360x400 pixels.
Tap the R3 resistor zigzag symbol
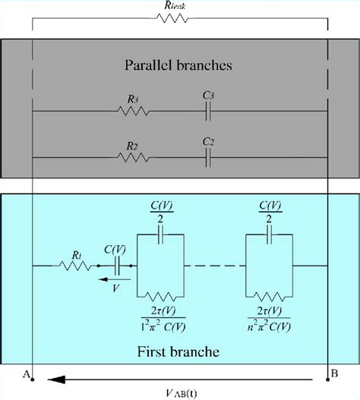pyautogui.click(x=134, y=111)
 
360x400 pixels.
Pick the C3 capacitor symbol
pyautogui.click(x=207, y=111)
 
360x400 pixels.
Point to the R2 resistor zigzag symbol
pyautogui.click(x=134, y=158)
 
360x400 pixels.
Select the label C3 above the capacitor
pyautogui.click(x=207, y=95)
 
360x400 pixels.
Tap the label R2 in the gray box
pyautogui.click(x=132, y=144)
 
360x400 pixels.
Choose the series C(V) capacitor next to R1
pyautogui.click(x=118, y=266)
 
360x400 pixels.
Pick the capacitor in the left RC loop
pyautogui.click(x=160, y=235)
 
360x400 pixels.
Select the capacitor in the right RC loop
pyautogui.click(x=267, y=235)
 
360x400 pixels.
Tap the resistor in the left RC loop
pyautogui.click(x=160, y=296)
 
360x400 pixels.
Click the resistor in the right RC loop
pyautogui.click(x=267, y=296)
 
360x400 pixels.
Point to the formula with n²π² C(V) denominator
pyautogui.click(x=267, y=319)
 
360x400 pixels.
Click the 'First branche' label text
pyautogui.click(x=179, y=354)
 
